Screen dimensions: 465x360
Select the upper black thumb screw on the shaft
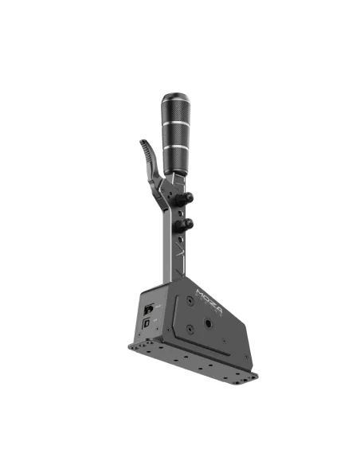click(191, 199)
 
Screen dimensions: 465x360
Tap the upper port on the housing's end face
click(148, 307)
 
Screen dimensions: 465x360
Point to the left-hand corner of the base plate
click(129, 346)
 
